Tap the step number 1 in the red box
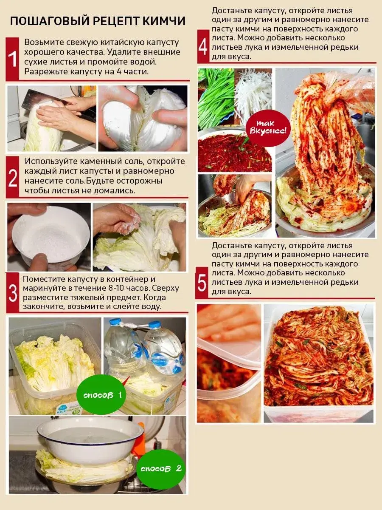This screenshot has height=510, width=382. (x=13, y=59)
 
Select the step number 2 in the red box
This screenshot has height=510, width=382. (x=13, y=178)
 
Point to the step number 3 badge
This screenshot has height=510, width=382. (x=13, y=293)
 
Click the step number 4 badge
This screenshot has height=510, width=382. (x=203, y=47)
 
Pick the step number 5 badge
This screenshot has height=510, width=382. (x=202, y=283)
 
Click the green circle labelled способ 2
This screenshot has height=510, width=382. (x=161, y=468)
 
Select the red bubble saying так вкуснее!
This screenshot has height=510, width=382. (x=268, y=128)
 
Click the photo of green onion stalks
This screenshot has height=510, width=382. (x=216, y=98)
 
